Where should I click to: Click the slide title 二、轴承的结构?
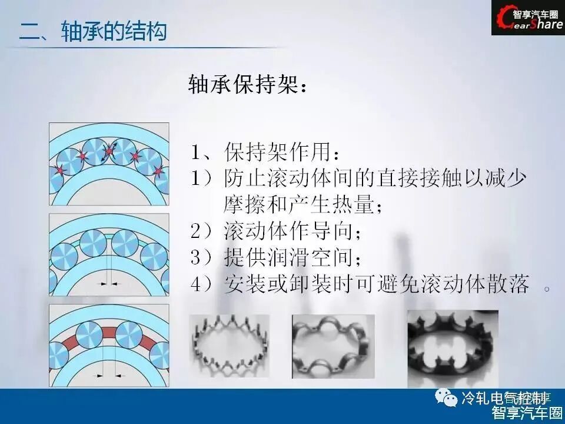point(93,31)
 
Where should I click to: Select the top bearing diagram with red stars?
point(109,164)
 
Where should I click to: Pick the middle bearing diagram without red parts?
point(109,254)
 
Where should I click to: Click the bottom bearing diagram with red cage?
point(109,345)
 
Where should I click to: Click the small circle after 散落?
point(547,289)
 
